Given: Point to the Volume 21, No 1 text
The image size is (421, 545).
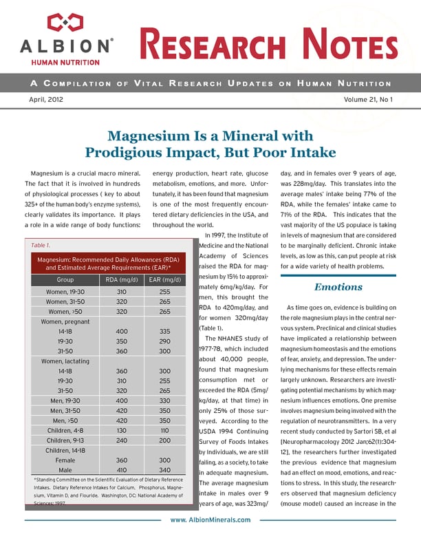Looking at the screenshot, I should tap(367, 100).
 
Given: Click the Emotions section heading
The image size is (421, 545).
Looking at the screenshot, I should tap(338, 287).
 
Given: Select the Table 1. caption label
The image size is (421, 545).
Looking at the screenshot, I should tap(41, 245).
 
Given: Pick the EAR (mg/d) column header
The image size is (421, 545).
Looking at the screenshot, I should tap(164, 280).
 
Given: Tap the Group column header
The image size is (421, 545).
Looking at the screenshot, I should tap(65, 280).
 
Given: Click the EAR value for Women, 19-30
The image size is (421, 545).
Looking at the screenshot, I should tap(164, 292).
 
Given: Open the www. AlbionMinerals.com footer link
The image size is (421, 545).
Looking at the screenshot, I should tap(210, 520).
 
